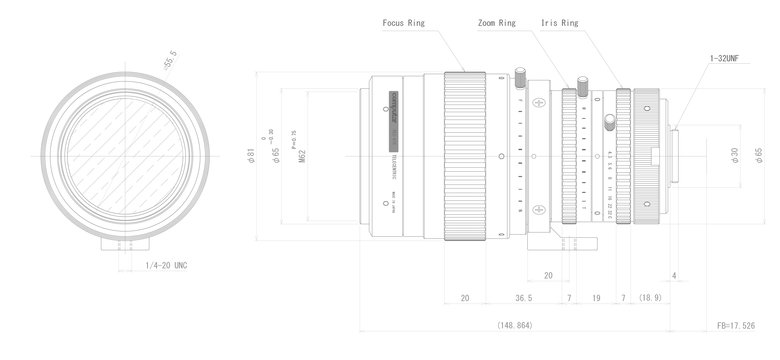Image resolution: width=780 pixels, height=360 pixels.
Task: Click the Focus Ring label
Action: (404, 23)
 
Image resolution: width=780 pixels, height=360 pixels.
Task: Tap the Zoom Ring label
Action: (497, 23)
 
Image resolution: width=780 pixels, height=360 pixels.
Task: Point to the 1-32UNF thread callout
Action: (724, 58)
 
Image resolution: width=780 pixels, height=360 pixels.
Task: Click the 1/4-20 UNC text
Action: (166, 265)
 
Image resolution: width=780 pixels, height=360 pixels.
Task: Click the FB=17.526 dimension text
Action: (736, 326)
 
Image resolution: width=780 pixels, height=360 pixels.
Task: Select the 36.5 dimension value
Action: (524, 298)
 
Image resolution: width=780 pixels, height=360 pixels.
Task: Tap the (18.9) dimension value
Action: (650, 298)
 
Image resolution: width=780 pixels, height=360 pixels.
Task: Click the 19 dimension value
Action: (596, 298)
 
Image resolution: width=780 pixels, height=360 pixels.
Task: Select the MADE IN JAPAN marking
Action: (394, 202)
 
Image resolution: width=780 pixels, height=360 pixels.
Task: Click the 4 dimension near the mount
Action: (674, 276)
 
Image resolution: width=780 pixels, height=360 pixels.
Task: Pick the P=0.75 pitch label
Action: (294, 140)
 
